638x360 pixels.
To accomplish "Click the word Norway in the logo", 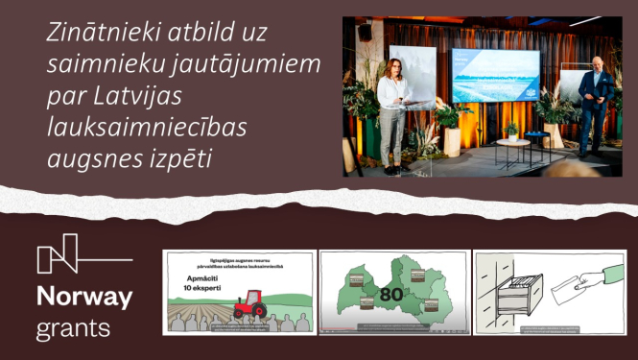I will (x=83, y=298).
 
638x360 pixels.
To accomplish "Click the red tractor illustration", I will (x=250, y=304).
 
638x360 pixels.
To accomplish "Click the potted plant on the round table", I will (x=510, y=130).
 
